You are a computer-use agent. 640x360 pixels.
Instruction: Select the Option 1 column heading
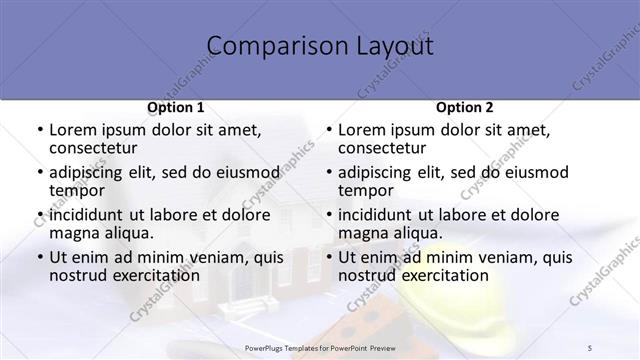(176, 107)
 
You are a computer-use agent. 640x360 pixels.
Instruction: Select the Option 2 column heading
(465, 107)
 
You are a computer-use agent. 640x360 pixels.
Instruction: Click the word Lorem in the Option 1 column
(73, 130)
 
